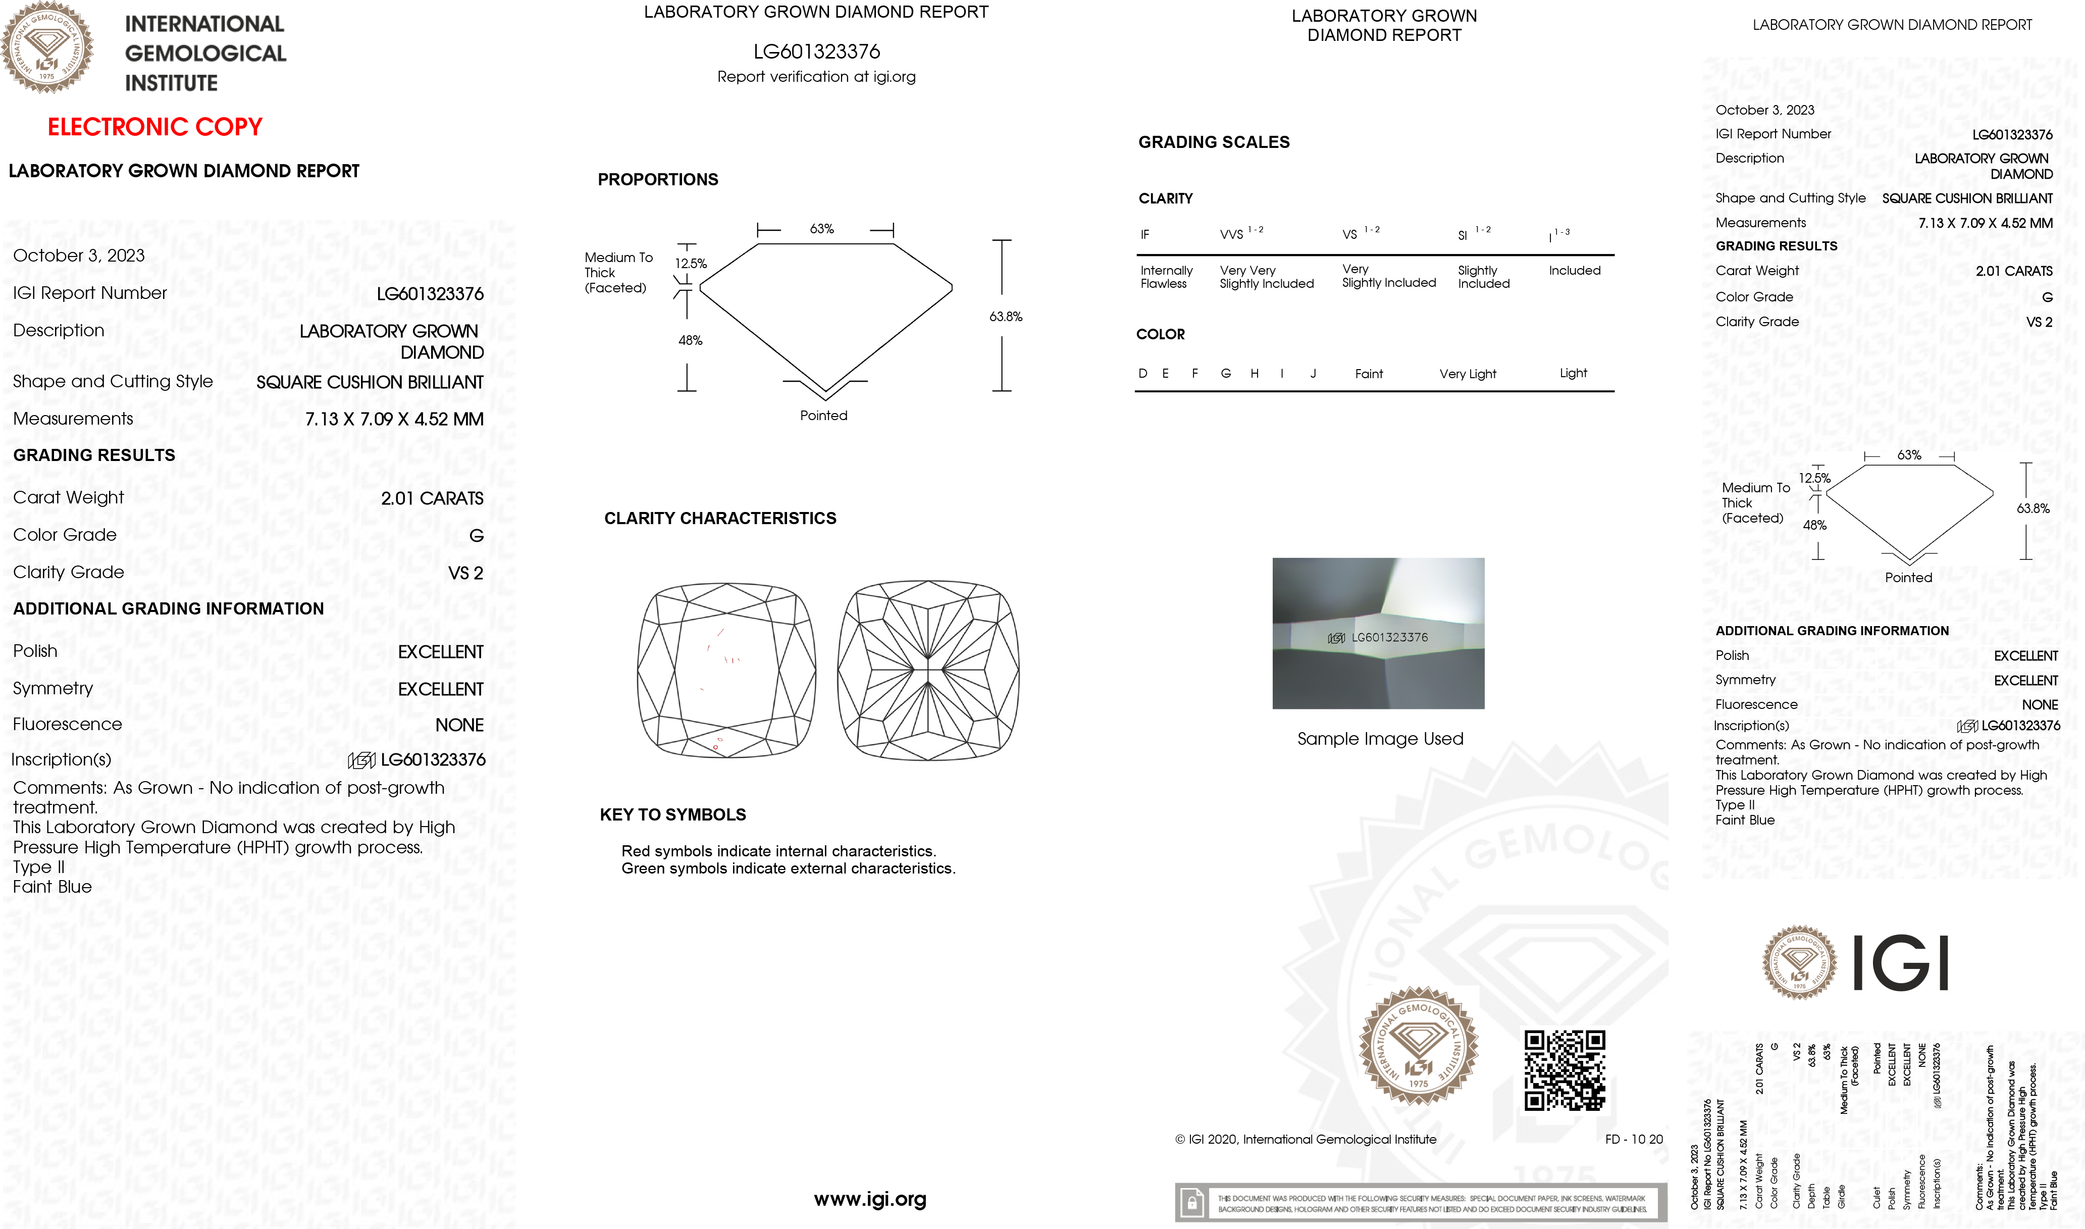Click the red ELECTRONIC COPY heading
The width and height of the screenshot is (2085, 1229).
155,127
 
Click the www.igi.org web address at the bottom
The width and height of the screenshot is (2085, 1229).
869,1199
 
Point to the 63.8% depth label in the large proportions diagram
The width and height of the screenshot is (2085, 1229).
1005,317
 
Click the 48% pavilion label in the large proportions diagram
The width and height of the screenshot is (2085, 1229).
690,340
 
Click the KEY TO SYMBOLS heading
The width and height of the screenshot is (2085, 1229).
672,815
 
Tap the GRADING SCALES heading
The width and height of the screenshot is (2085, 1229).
1213,142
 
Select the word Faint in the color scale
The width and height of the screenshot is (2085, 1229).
1368,374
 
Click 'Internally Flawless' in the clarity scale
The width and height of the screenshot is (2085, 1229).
1166,277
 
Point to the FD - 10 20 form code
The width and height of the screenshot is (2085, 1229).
1633,1140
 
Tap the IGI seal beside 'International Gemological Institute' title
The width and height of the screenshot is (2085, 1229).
47,47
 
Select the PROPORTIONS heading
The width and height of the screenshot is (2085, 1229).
657,180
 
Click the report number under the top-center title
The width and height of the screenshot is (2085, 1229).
816,52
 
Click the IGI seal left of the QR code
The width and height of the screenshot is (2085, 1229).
1419,1045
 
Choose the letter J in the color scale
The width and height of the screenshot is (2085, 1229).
1313,374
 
